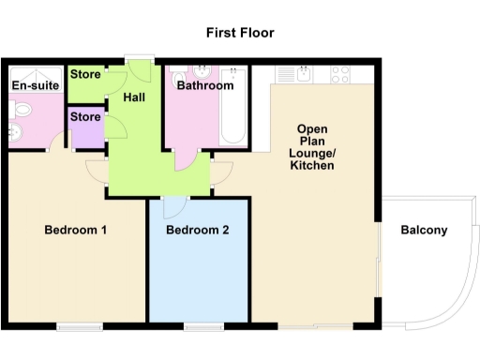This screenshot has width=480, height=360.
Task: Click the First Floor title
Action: coord(240,33)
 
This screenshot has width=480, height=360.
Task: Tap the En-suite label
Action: coord(36,86)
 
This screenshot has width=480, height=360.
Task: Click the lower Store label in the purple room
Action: coord(85,117)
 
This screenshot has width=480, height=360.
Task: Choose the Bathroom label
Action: coord(205,86)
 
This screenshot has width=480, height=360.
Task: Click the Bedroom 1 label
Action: coord(76,230)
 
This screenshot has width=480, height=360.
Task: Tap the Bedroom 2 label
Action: coord(198,230)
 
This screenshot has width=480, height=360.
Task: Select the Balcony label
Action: coord(424,231)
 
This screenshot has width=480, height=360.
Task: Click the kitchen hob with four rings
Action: coord(340,72)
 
